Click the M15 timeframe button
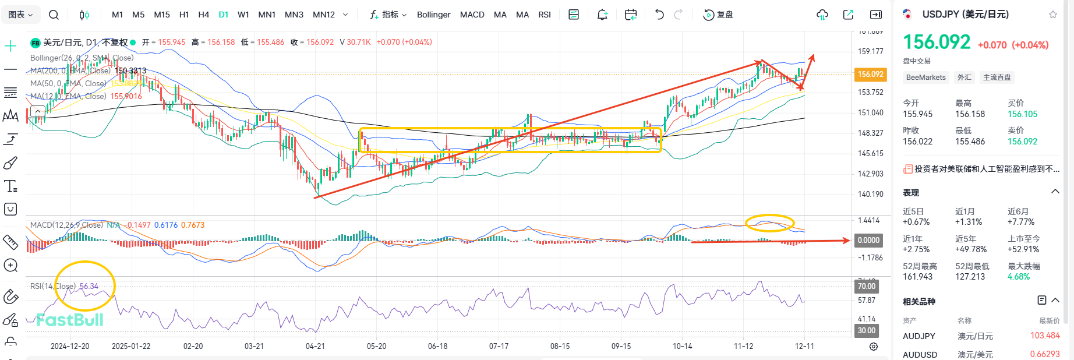pyautogui.click(x=162, y=15)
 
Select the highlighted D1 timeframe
pyautogui.click(x=224, y=15)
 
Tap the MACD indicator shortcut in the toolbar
pyautogui.click(x=472, y=15)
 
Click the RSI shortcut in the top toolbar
pyautogui.click(x=545, y=15)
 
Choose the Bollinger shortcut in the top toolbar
pyautogui.click(x=433, y=15)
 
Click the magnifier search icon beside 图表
pyautogui.click(x=54, y=15)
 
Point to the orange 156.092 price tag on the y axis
pyautogui.click(x=870, y=74)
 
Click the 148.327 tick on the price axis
pyautogui.click(x=870, y=133)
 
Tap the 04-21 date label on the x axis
pyautogui.click(x=315, y=346)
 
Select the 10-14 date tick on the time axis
pyautogui.click(x=682, y=346)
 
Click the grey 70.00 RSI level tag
pyautogui.click(x=867, y=286)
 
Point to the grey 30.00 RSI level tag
pyautogui.click(x=867, y=330)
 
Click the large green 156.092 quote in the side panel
pyautogui.click(x=937, y=43)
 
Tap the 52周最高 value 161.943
pyautogui.click(x=918, y=277)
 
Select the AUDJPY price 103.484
pyautogui.click(x=1045, y=336)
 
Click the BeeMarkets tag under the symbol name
pyautogui.click(x=925, y=77)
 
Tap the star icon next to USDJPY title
pyautogui.click(x=1053, y=15)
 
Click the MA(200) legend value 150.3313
pyautogui.click(x=130, y=70)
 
